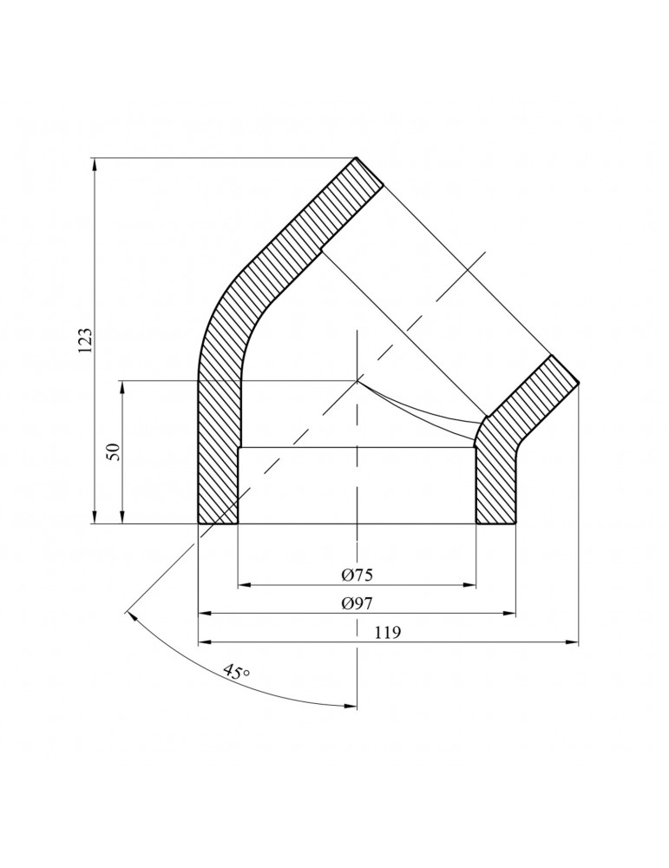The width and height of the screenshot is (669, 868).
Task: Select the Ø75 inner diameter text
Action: point(357,575)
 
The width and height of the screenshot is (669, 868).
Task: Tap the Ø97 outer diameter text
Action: point(357,603)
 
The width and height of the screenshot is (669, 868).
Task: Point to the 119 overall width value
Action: point(388,633)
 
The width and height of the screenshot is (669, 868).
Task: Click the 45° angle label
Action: point(235,673)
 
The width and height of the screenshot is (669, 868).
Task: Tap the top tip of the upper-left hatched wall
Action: point(357,159)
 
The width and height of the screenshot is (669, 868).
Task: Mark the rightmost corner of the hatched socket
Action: point(578,382)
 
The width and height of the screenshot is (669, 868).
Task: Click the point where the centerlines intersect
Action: point(357,380)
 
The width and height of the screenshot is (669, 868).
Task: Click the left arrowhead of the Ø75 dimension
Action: point(244,585)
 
